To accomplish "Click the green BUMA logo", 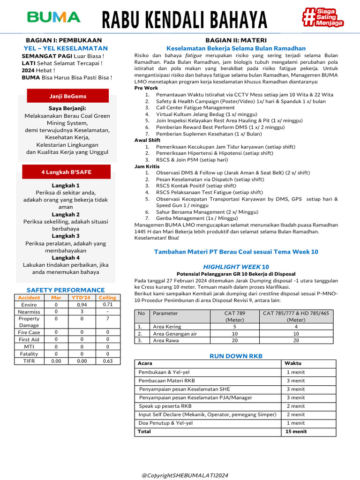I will (54, 18).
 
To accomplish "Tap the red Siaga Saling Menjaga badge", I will (323, 18).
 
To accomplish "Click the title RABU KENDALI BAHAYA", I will (185, 20).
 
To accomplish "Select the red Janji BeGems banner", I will (67, 96).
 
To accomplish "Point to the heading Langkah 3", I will (66, 236).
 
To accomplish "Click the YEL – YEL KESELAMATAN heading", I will (66, 48).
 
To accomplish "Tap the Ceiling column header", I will (107, 298).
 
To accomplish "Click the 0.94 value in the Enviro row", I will (82, 305).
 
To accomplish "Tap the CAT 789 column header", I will (234, 316).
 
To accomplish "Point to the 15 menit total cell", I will (296, 431).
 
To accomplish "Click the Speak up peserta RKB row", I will (165, 406).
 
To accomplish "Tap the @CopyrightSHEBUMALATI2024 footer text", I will (185, 475).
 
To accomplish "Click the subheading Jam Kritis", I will (147, 166).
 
